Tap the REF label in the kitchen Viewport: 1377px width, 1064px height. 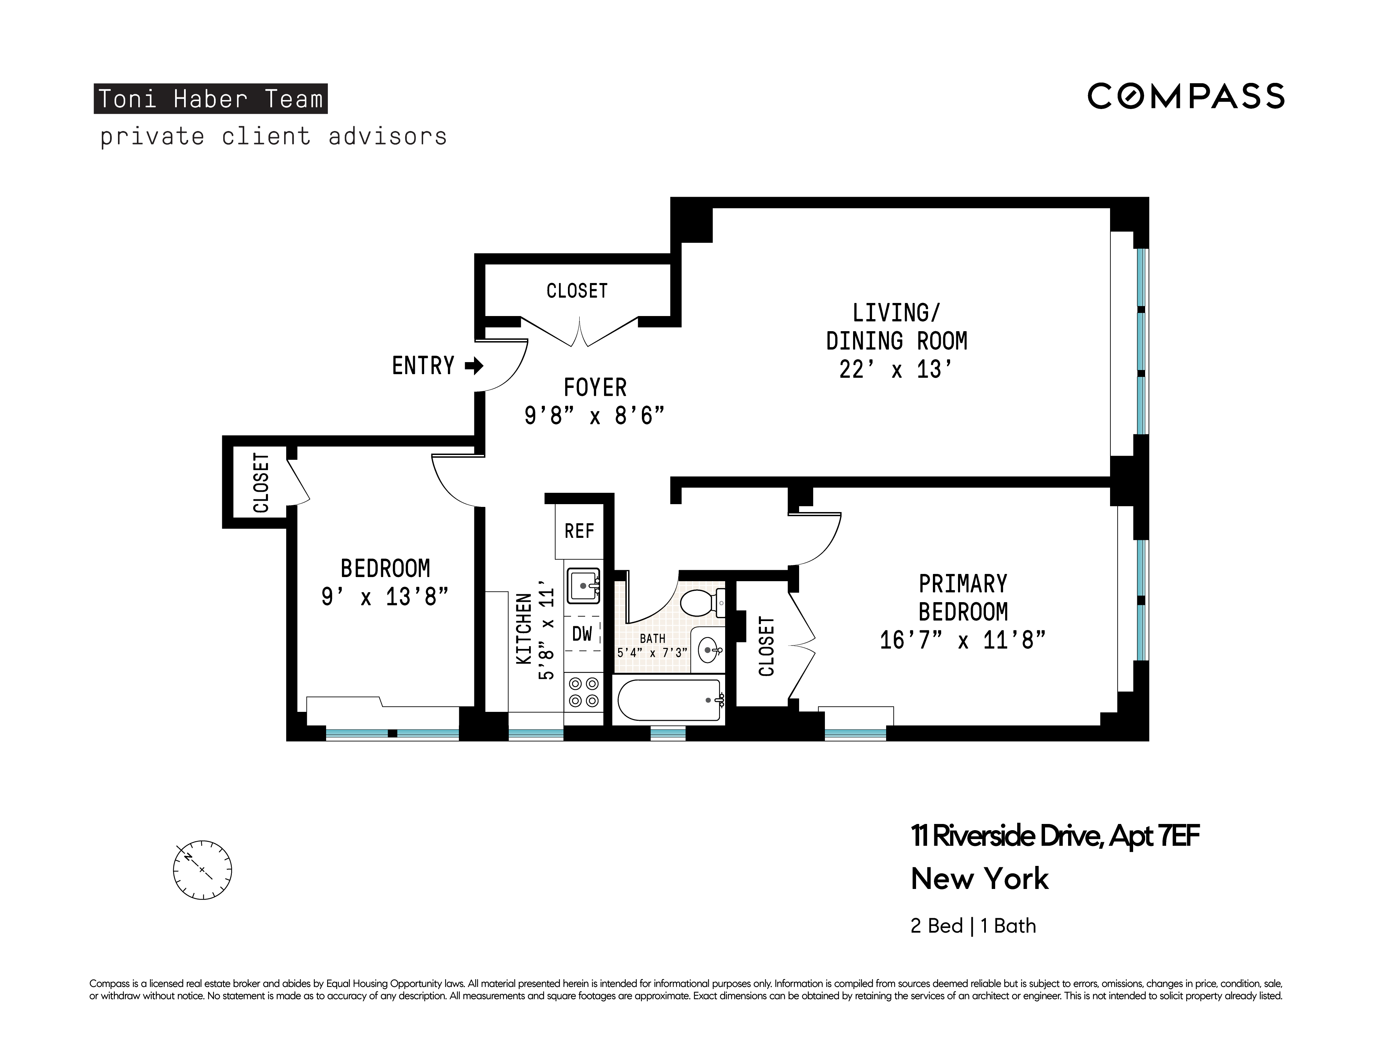pos(579,531)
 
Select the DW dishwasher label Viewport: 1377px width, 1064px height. pos(582,633)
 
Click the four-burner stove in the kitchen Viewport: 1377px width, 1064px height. pos(583,692)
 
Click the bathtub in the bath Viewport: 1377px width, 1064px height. pos(670,700)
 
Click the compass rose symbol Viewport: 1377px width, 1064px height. pos(202,870)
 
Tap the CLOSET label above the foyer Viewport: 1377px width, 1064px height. pos(577,291)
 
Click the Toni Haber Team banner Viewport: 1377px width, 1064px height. pos(211,99)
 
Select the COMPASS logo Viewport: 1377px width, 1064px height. pos(1185,96)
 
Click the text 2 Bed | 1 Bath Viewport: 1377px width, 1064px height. pos(973,926)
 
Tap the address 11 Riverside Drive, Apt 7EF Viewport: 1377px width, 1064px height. pos(1054,836)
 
